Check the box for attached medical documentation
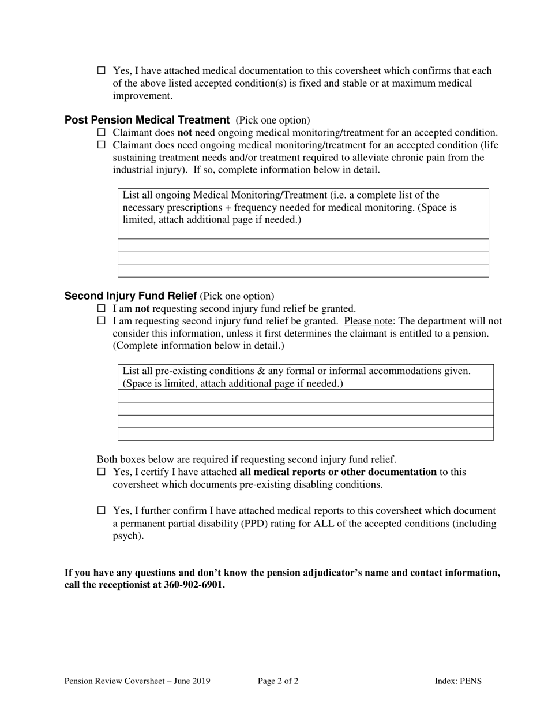point(102,70)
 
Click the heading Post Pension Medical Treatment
point(147,120)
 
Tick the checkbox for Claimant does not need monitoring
point(102,133)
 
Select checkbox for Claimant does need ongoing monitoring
point(102,145)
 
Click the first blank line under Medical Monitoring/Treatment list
point(303,233)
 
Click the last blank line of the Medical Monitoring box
point(303,271)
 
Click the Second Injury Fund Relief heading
point(131,296)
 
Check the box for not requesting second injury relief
point(102,309)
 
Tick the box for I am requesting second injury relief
point(102,321)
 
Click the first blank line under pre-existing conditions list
point(306,396)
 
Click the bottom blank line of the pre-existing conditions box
point(306,434)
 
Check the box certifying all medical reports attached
point(102,472)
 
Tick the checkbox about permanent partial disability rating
point(102,510)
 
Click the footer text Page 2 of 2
point(278,681)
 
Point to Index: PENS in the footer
point(458,681)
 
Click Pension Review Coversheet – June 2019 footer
point(137,681)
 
